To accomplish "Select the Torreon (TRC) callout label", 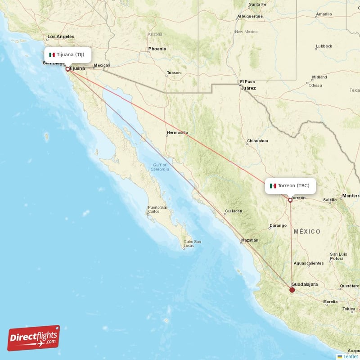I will pyautogui.click(x=290, y=185).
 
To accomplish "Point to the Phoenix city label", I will pyautogui.click(x=157, y=49).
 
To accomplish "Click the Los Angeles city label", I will pyautogui.click(x=61, y=36).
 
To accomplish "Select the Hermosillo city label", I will pyautogui.click(x=177, y=133).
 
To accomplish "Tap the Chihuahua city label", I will pyautogui.click(x=257, y=141).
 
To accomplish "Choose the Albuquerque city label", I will pyautogui.click(x=250, y=17).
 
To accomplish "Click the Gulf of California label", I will pyautogui.click(x=160, y=167).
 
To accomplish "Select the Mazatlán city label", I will pyautogui.click(x=250, y=240).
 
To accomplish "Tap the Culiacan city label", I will pyautogui.click(x=234, y=211).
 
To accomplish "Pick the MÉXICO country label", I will pyautogui.click(x=307, y=232).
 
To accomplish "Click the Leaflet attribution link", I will pyautogui.click(x=350, y=356).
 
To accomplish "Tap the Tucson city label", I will pyautogui.click(x=173, y=73).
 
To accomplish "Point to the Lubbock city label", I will pyautogui.click(x=324, y=46).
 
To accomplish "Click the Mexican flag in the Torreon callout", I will pyautogui.click(x=273, y=185).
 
